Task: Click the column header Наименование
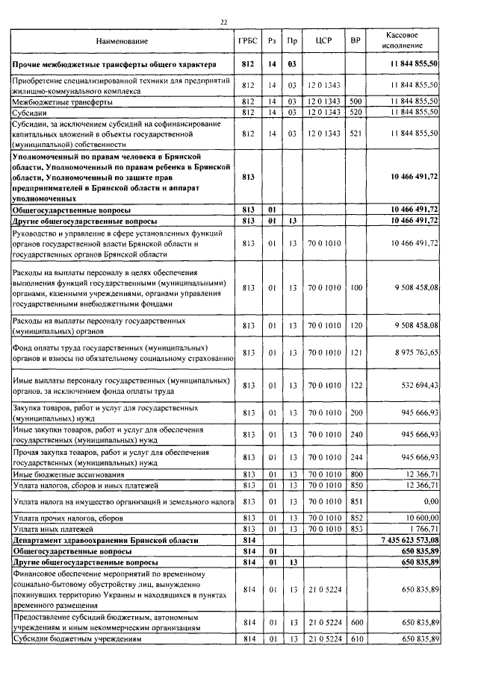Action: pyautogui.click(x=122, y=40)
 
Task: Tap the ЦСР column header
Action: pyautogui.click(x=323, y=40)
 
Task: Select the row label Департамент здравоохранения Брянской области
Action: pyautogui.click(x=100, y=539)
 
